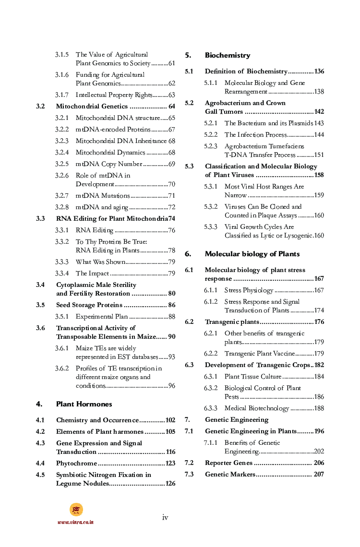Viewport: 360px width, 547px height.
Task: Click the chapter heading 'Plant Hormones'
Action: coord(84,404)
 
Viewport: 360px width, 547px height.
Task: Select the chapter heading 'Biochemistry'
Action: coord(228,56)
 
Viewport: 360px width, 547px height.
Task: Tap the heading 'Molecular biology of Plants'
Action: coord(252,254)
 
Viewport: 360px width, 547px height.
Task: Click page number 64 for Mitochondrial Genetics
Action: coord(171,107)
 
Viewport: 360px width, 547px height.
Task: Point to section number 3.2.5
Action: coord(61,164)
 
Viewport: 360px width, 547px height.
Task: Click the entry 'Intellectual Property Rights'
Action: coord(114,95)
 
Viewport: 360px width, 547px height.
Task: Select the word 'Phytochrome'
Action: coord(76,464)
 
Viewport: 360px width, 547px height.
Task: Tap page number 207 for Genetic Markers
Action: coord(319,475)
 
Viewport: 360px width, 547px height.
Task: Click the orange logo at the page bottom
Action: coord(76,510)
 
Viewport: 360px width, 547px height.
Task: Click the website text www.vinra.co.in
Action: coord(75,522)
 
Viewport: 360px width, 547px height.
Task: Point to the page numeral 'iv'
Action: coord(165,517)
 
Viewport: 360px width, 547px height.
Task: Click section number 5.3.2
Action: coord(210,207)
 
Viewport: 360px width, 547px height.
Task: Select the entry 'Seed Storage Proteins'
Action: coord(89,305)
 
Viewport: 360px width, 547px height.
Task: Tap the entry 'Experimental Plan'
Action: coord(102,317)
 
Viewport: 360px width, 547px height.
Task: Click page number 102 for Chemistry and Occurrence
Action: coord(170,420)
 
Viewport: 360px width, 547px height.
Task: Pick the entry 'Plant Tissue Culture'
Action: coord(252,377)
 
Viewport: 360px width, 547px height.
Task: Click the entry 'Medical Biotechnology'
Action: coord(256,408)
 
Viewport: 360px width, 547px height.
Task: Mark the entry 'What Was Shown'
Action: coord(100,262)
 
